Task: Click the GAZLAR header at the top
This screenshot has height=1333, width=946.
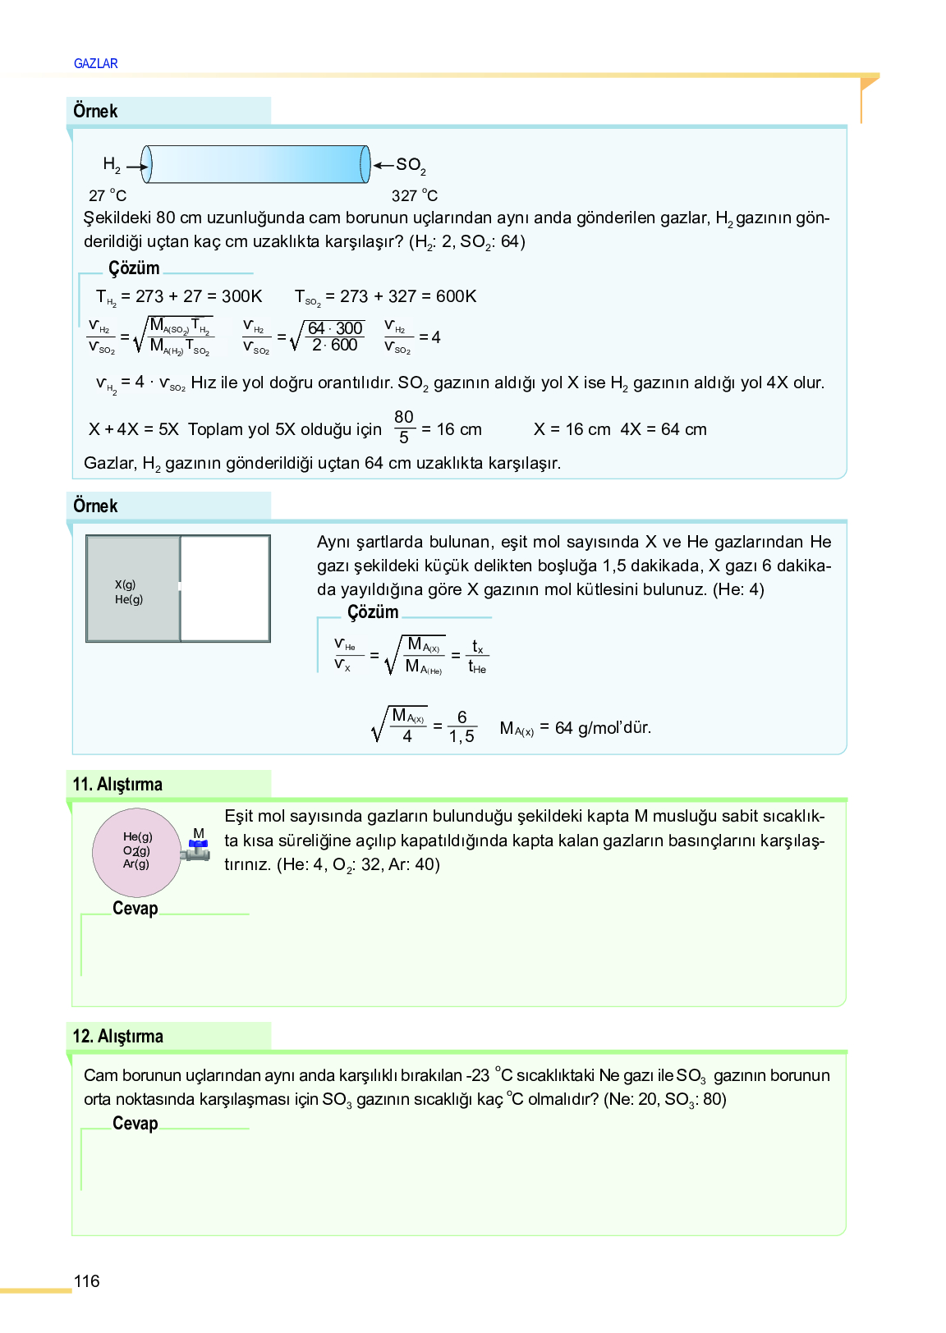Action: coord(95,63)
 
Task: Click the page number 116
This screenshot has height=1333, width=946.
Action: coord(86,1280)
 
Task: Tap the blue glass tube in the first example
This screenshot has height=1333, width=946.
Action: coord(255,164)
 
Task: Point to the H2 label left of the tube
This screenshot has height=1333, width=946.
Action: coord(112,165)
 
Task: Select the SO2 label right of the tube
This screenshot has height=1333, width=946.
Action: coord(411,165)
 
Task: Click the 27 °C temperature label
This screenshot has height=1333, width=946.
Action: coord(108,195)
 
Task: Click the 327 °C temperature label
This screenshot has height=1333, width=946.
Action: coord(415,195)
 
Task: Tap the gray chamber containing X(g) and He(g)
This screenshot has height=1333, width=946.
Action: coord(133,589)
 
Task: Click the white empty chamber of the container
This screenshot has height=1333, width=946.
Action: coord(225,589)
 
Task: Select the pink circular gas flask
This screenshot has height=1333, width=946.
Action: coord(136,852)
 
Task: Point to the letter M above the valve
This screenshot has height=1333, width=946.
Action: coord(199,833)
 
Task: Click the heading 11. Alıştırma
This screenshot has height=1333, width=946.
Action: coord(117,784)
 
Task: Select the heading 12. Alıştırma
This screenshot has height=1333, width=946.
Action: coord(117,1036)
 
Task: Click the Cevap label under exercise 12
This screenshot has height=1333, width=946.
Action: coord(135,1124)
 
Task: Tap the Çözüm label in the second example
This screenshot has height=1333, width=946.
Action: coord(373,612)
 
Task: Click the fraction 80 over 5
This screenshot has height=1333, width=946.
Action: coord(403,427)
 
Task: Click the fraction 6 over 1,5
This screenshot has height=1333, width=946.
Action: coord(462,727)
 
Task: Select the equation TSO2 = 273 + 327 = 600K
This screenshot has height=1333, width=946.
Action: coord(385,296)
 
